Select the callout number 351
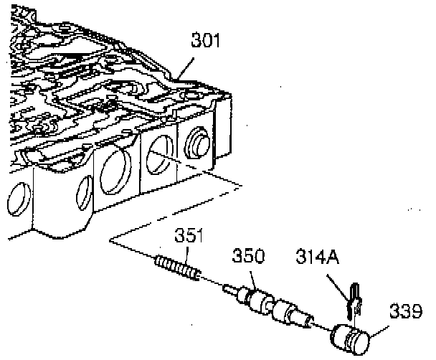click(x=191, y=235)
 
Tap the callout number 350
click(x=247, y=255)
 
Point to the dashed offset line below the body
click(x=172, y=209)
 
